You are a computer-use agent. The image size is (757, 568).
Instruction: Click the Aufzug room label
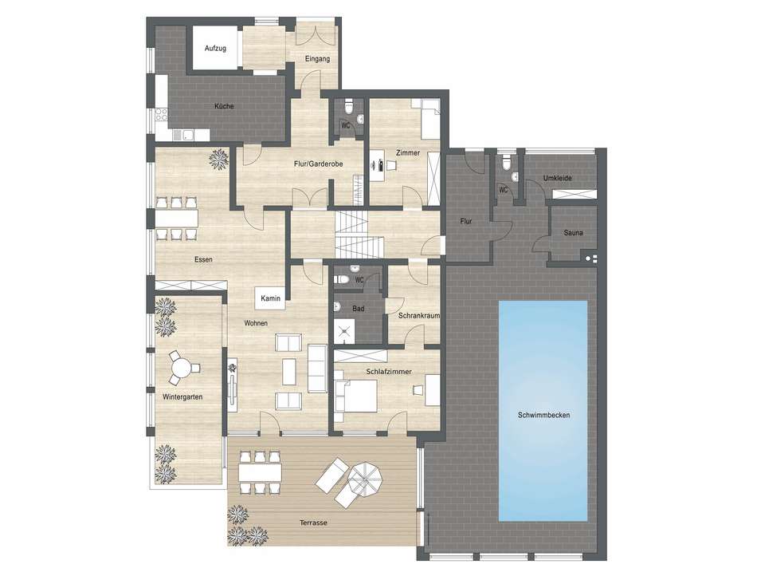215,49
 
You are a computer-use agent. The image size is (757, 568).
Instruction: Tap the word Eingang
317,58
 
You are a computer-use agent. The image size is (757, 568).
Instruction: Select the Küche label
224,107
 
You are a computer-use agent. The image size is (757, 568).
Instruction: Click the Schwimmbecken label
543,416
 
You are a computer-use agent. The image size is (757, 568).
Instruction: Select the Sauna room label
572,233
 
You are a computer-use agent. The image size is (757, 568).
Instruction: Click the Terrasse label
315,523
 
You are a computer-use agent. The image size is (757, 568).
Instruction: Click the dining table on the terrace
260,471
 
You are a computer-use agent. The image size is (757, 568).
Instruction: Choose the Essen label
203,259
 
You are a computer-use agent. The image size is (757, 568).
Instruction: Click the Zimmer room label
407,152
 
